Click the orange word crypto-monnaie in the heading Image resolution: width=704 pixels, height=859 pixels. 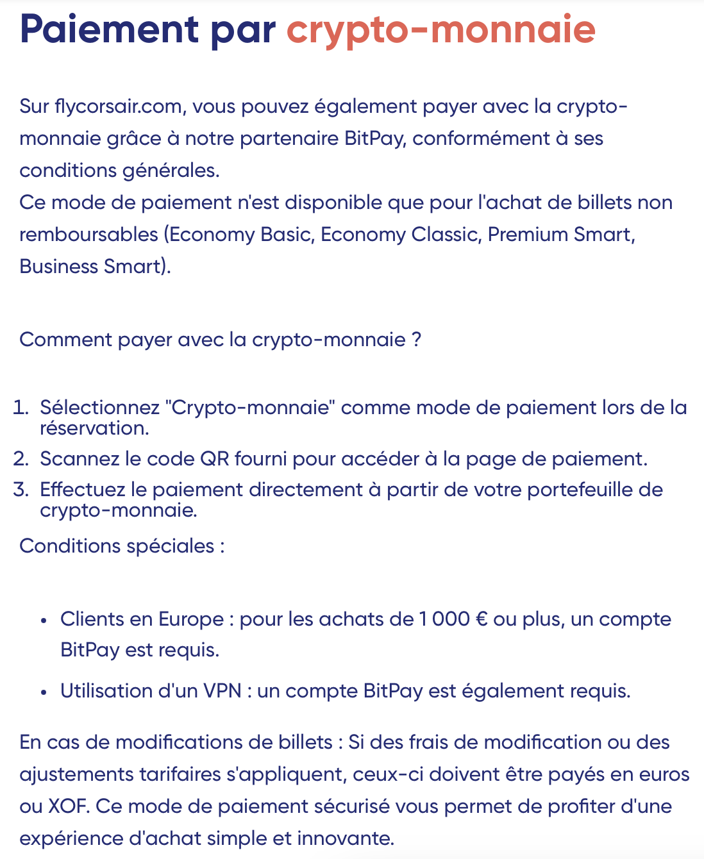coord(440,29)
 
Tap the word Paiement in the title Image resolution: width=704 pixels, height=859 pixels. coord(109,29)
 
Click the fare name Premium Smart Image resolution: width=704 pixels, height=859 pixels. coord(561,235)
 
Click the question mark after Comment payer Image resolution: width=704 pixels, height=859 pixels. coord(417,340)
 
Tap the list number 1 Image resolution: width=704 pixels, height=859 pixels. coord(21,408)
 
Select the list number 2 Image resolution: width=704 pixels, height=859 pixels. coord(21,459)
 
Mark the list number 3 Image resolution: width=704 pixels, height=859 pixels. coord(21,490)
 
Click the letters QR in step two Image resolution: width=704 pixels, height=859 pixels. coord(215,459)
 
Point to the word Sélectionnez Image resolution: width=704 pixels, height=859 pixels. coord(100,408)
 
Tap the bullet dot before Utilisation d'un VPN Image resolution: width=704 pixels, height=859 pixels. coord(44,692)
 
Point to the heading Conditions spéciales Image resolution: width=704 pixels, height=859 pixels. coord(122,546)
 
